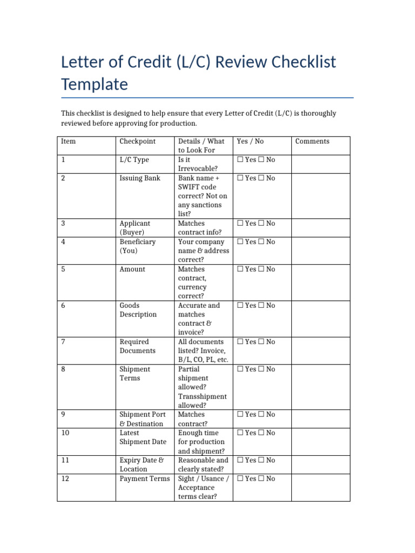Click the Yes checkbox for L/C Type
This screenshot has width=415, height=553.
coord(240,160)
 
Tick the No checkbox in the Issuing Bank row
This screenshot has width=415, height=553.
coord(262,178)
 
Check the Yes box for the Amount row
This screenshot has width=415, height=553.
coord(240,269)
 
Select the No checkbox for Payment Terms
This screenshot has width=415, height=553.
coord(262,478)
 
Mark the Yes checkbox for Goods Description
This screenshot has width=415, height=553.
coord(240,306)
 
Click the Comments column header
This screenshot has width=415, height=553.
coord(312,141)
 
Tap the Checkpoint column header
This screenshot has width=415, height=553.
coord(137,141)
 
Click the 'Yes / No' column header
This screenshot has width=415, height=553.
coord(250,141)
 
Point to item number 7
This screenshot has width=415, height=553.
coord(63,342)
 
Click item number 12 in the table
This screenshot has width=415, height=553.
coord(65,478)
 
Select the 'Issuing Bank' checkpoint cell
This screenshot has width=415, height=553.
coord(140,178)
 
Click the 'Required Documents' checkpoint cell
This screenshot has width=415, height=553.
coord(137,346)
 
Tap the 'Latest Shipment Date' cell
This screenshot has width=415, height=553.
coord(143,437)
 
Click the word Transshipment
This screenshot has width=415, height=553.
coord(202,396)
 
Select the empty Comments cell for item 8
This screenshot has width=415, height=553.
coord(320,387)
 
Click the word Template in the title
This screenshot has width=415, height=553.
coord(95,85)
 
